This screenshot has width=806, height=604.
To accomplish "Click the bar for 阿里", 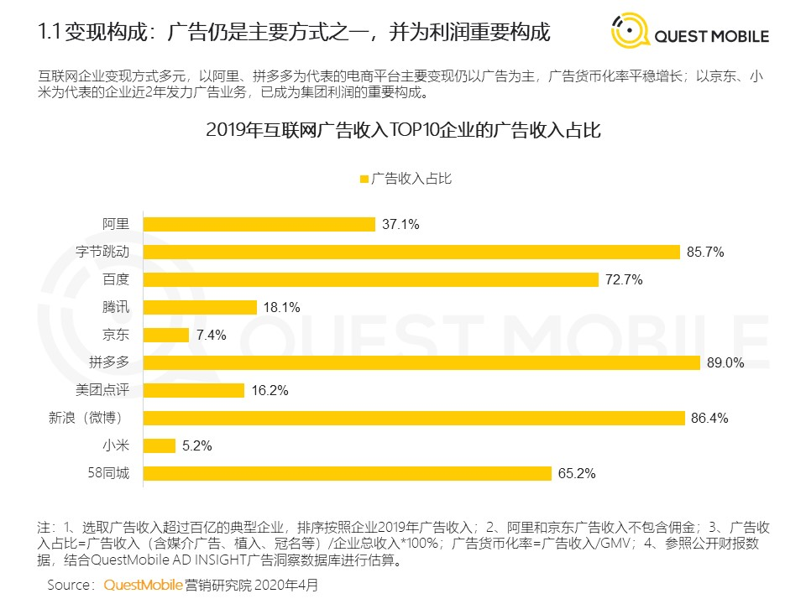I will [259, 224].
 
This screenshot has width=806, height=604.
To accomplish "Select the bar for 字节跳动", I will [411, 252].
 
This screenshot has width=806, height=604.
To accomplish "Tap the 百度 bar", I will [371, 279].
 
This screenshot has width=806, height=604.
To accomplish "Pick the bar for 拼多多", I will [421, 362].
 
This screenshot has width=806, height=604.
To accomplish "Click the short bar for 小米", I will [160, 445].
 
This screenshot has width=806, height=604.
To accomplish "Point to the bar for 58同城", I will [348, 473].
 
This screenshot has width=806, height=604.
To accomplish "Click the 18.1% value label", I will [281, 308].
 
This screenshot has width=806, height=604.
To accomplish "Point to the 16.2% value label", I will [270, 390].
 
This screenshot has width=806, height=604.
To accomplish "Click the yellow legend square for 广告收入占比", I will [364, 179].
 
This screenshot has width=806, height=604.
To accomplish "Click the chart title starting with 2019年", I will [402, 132].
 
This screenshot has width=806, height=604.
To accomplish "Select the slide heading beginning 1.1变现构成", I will [294, 34].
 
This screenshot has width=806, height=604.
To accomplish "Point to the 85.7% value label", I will [705, 252].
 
